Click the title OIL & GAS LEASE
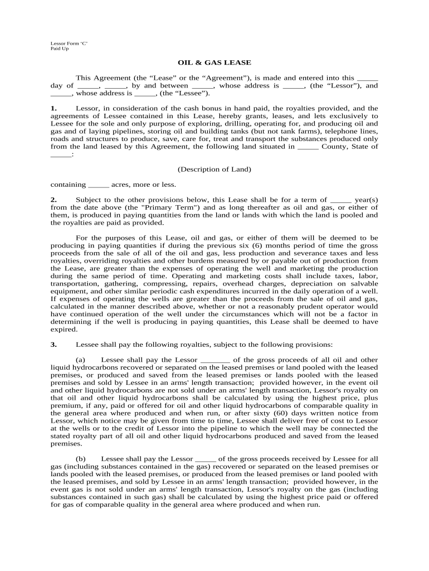point(214,62)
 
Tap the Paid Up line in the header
point(60,49)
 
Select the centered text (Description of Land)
point(214,169)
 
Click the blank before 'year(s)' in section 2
point(341,200)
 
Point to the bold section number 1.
point(53,108)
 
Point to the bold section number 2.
point(53,200)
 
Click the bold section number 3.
point(53,344)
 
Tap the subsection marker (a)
point(80,360)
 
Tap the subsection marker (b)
point(80,458)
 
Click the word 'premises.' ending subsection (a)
point(66,443)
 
